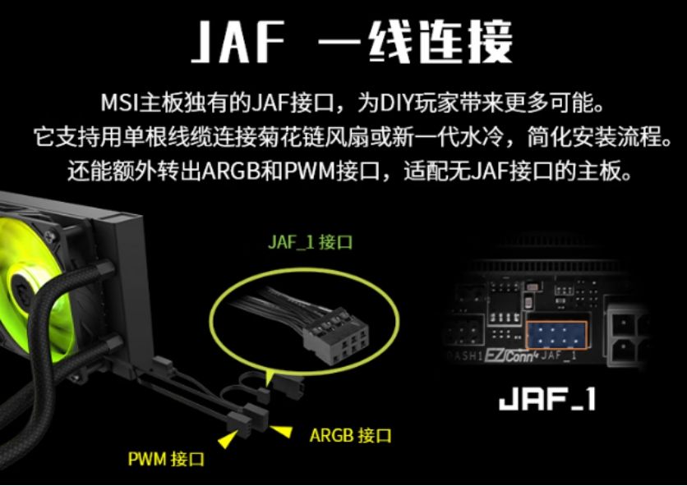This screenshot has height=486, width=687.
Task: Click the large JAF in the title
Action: (x=237, y=42)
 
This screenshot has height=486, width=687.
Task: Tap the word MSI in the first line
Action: (x=119, y=103)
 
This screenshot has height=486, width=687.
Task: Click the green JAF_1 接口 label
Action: (x=310, y=242)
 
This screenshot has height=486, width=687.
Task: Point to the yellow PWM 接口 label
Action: (x=166, y=459)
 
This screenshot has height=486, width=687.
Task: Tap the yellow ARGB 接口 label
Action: (x=350, y=435)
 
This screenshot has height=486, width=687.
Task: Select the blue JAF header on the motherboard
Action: (x=556, y=335)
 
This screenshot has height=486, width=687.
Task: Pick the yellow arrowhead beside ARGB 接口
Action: (x=281, y=430)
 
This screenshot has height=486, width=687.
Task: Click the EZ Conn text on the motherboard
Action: (x=511, y=356)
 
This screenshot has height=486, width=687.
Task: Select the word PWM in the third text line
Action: (x=309, y=172)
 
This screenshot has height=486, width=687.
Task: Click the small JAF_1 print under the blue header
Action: (x=558, y=355)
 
